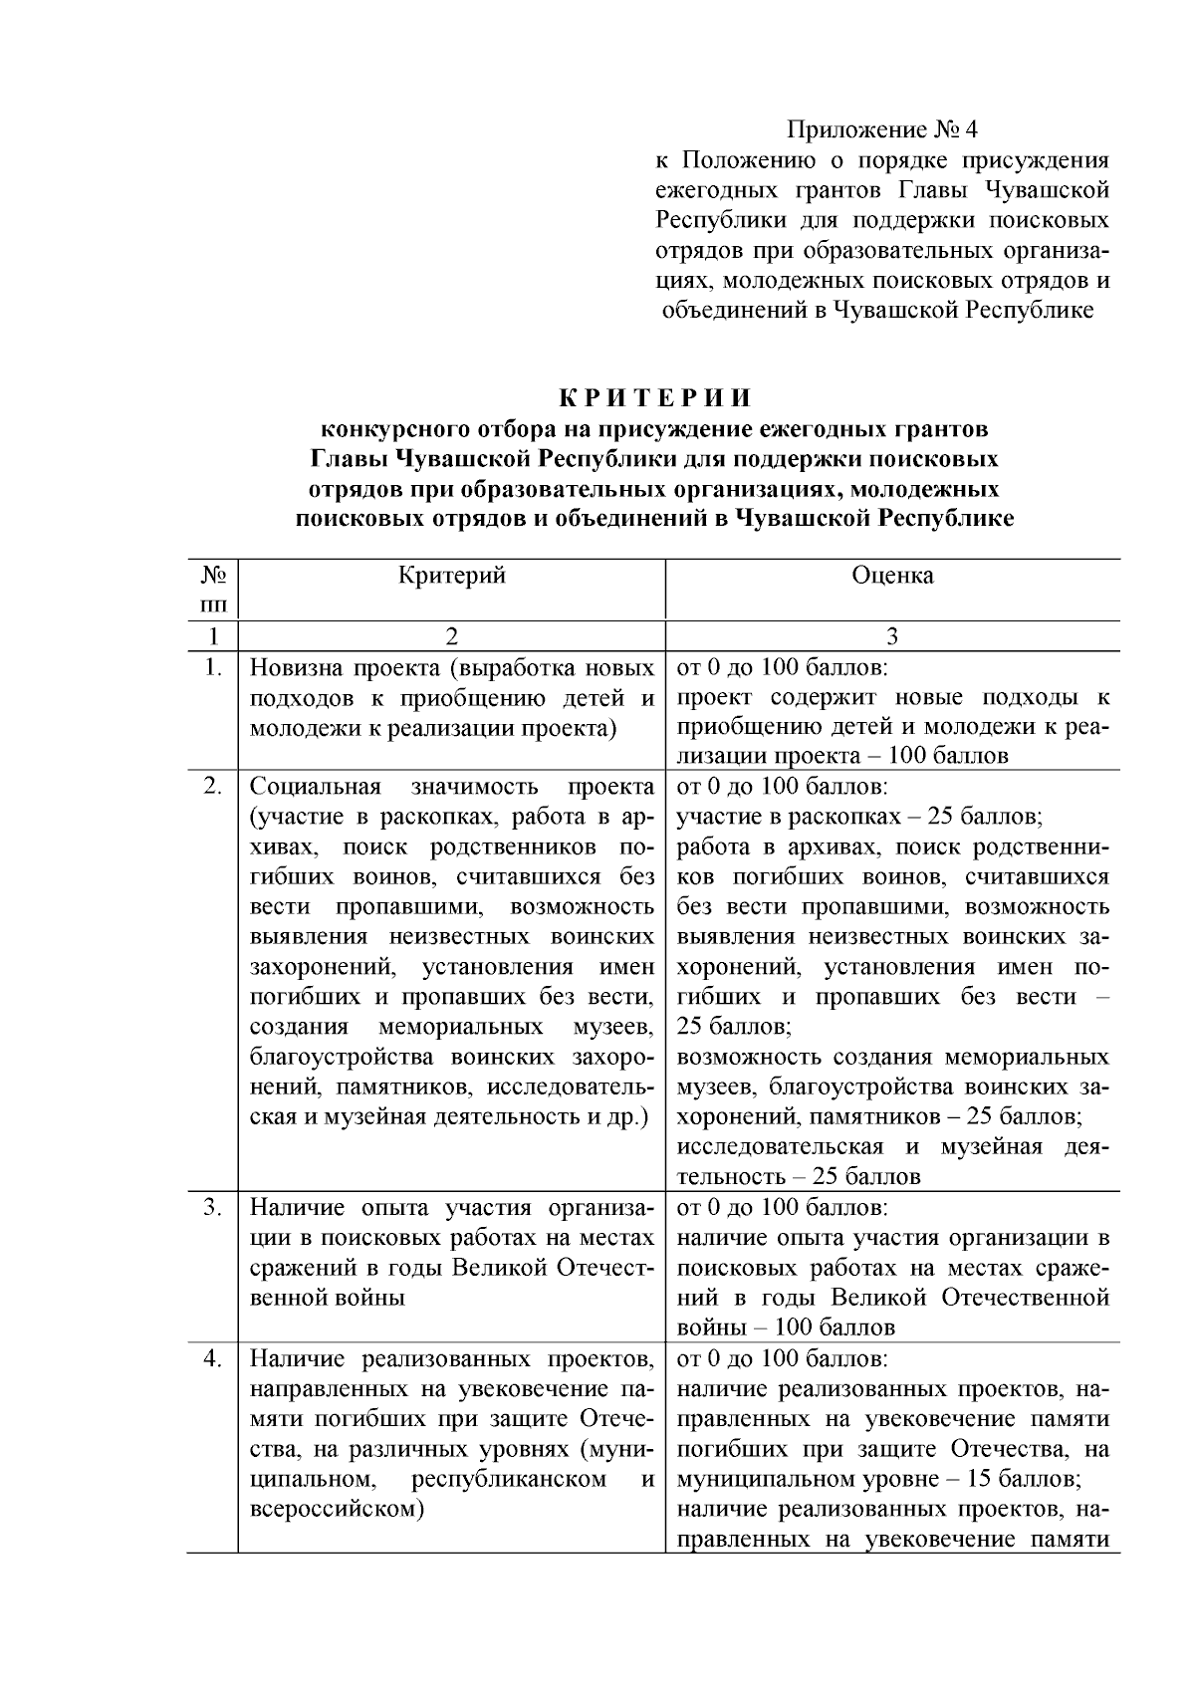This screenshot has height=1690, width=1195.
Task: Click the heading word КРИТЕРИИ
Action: [654, 398]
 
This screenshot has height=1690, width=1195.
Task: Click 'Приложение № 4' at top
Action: [883, 130]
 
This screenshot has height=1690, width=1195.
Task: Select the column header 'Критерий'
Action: [452, 576]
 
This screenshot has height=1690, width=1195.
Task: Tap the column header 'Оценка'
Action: [892, 576]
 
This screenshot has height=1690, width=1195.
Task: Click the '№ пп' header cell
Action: [213, 590]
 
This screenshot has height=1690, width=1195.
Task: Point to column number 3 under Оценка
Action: [892, 636]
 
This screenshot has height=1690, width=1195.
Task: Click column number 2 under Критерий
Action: [452, 636]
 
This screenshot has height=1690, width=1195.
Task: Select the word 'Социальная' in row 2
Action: [315, 787]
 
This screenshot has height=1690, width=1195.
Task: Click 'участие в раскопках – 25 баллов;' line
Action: [860, 818]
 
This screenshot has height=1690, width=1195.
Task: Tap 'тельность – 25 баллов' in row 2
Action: [799, 1177]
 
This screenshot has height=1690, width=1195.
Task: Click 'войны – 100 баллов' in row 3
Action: [786, 1328]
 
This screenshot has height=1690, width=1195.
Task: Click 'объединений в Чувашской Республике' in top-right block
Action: [879, 311]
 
